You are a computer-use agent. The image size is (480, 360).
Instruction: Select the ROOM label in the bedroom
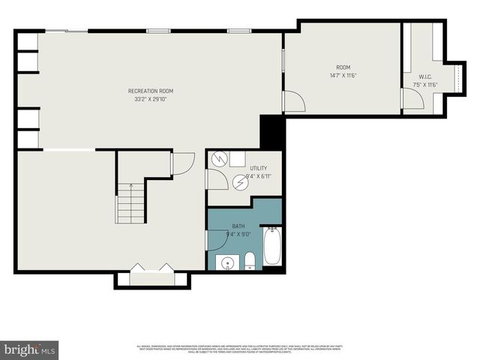(343, 67)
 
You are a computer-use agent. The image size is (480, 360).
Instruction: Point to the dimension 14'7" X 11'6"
(343, 76)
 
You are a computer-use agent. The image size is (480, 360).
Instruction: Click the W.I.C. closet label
(425, 76)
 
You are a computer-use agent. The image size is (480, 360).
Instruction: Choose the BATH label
(238, 226)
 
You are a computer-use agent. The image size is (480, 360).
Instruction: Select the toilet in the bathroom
(250, 261)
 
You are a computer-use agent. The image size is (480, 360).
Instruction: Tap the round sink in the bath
(226, 262)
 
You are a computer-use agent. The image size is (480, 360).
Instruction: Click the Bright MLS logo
(30, 349)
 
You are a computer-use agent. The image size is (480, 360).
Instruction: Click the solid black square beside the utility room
(271, 133)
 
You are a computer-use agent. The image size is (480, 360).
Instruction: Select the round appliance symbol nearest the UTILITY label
(240, 181)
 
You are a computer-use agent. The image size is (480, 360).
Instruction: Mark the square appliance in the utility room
(237, 158)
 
